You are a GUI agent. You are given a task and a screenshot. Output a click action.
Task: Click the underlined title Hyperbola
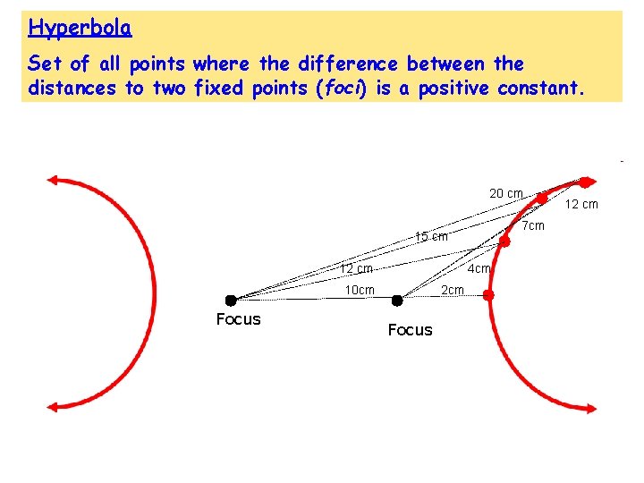click(80, 28)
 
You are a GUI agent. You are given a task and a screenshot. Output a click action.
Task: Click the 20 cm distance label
click(506, 193)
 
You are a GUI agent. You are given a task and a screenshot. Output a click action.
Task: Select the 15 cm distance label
click(431, 237)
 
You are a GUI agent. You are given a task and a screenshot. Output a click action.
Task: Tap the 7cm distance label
click(533, 226)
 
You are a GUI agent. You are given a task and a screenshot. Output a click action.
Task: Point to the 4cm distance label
click(479, 268)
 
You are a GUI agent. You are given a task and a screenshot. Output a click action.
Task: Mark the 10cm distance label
click(360, 290)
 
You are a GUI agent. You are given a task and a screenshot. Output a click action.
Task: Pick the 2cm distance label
click(453, 290)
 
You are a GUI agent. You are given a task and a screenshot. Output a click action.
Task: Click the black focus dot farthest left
click(231, 300)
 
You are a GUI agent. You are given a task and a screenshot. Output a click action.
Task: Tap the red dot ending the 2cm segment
click(488, 294)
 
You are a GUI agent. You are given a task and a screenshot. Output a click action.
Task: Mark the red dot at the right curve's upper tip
click(584, 182)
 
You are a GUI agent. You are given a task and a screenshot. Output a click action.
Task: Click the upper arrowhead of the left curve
click(54, 180)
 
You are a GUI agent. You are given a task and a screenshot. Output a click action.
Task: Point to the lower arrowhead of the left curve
click(54, 406)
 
